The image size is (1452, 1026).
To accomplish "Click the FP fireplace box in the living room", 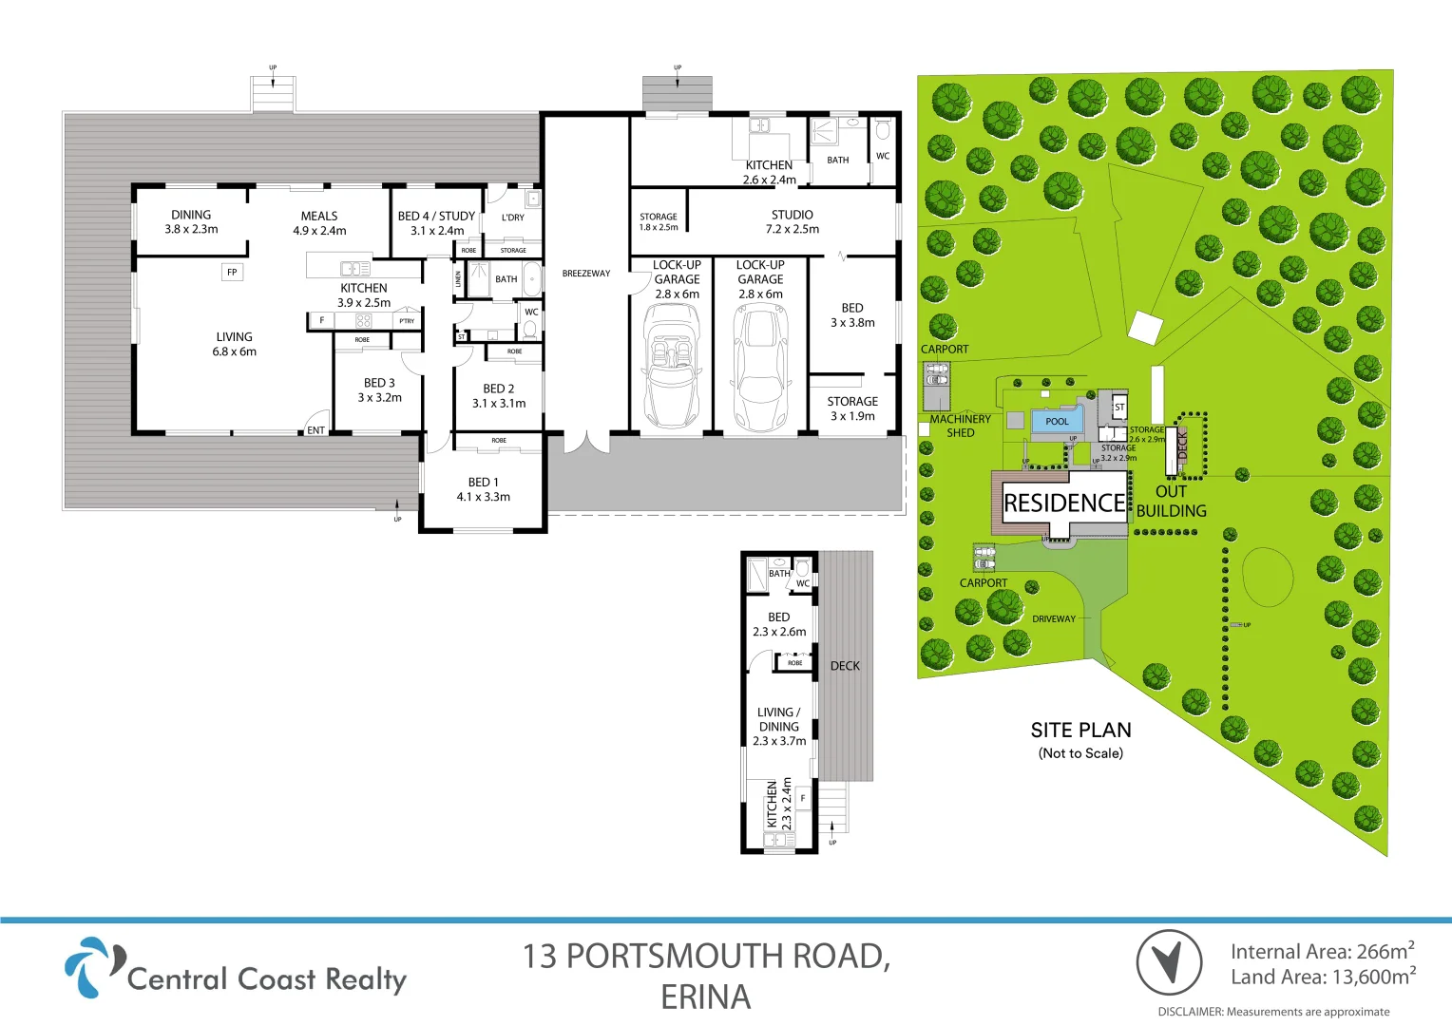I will tap(232, 273).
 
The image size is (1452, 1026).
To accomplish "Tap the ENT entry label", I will tap(315, 430).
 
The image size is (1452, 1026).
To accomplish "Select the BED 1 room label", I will tap(483, 489).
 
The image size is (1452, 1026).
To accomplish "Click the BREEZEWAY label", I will tap(586, 274).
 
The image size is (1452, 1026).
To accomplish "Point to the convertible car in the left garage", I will tap(671, 366).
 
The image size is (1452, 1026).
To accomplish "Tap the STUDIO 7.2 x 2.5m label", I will tap(792, 221).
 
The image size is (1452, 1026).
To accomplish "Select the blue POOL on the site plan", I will tap(1057, 422).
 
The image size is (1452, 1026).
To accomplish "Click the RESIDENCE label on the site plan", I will tap(1064, 503).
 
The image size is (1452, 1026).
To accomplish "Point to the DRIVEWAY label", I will tap(1054, 619).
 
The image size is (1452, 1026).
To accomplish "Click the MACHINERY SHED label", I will tap(960, 426).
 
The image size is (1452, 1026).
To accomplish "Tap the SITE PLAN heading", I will tap(1080, 731).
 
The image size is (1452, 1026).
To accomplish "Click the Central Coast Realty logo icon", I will tap(92, 966).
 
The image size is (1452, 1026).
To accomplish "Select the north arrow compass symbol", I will tap(1170, 961).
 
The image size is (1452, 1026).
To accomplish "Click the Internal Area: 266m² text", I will tap(1322, 951).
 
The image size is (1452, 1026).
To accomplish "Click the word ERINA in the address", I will tap(705, 997).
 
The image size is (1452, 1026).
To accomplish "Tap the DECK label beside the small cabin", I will tap(845, 666).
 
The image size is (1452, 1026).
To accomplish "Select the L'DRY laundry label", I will tap(513, 218).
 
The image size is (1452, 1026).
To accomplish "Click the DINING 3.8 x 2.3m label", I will tap(191, 221).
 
